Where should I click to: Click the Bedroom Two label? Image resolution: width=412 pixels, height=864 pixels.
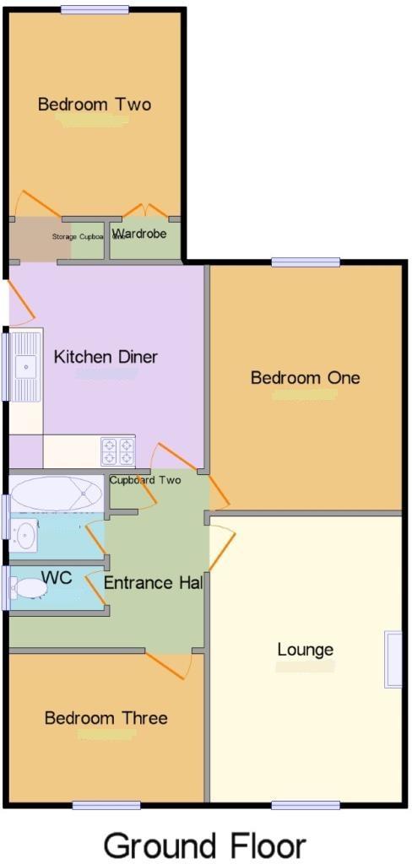pyautogui.click(x=95, y=105)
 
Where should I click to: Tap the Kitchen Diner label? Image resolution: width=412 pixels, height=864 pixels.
pyautogui.click(x=106, y=357)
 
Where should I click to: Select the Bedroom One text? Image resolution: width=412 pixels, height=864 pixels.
pyautogui.click(x=305, y=377)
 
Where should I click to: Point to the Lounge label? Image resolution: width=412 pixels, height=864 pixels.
pyautogui.click(x=305, y=650)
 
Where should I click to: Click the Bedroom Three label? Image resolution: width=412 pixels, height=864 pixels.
pyautogui.click(x=106, y=718)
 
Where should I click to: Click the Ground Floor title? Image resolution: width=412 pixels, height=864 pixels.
pyautogui.click(x=204, y=845)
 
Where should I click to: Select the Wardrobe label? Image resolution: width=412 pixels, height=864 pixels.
pyautogui.click(x=139, y=234)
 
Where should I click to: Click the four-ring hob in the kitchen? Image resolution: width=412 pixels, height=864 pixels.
pyautogui.click(x=117, y=451)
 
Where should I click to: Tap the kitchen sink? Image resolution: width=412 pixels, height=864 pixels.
pyautogui.click(x=28, y=365)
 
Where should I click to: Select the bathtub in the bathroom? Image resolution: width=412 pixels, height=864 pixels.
pyautogui.click(x=56, y=492)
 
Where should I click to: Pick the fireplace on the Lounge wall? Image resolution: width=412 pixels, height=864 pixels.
pyautogui.click(x=393, y=659)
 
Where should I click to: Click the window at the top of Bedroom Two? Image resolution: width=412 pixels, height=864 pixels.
pyautogui.click(x=95, y=10)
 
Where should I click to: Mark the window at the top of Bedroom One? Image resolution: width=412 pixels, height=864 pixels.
pyautogui.click(x=305, y=262)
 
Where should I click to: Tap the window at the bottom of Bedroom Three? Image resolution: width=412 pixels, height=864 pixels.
pyautogui.click(x=106, y=805)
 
